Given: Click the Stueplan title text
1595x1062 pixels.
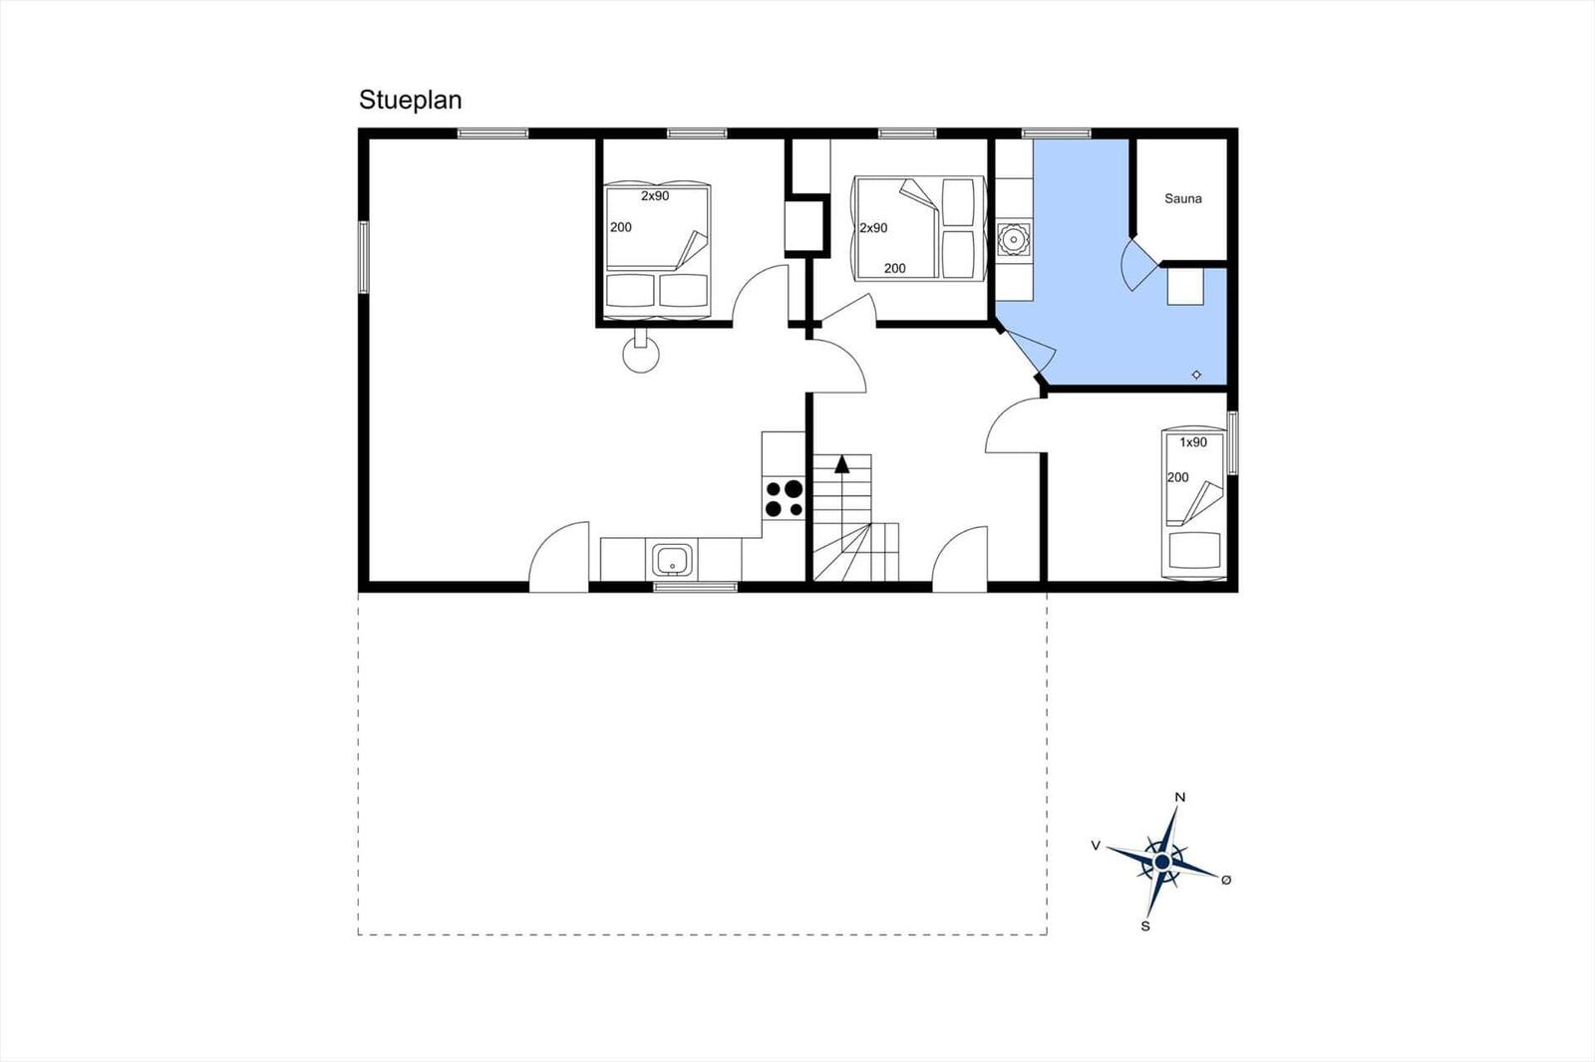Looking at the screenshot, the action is pyautogui.click(x=410, y=101).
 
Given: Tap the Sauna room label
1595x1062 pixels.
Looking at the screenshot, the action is pyautogui.click(x=1182, y=198).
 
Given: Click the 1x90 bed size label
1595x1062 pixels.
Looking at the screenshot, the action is pyautogui.click(x=1193, y=442).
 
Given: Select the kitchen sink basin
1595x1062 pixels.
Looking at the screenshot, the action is pyautogui.click(x=672, y=560).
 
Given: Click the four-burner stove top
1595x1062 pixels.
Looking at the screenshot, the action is pyautogui.click(x=784, y=498).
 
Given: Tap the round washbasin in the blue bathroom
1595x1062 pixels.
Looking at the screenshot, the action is pyautogui.click(x=1013, y=240).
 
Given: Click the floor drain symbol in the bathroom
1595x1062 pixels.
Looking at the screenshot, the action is pyautogui.click(x=1196, y=375).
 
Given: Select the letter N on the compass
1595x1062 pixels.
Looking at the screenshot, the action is pyautogui.click(x=1180, y=797).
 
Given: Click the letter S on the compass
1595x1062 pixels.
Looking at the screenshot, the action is pyautogui.click(x=1145, y=927).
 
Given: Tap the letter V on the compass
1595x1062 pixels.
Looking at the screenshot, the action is pyautogui.click(x=1096, y=846).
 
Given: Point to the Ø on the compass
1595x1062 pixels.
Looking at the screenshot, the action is pyautogui.click(x=1226, y=880).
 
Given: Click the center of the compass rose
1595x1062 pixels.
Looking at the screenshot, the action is pyautogui.click(x=1162, y=862).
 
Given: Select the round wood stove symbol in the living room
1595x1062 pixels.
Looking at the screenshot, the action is pyautogui.click(x=641, y=354).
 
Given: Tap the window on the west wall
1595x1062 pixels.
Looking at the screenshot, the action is pyautogui.click(x=363, y=257).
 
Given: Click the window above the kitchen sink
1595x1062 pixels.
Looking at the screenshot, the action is pyautogui.click(x=696, y=587).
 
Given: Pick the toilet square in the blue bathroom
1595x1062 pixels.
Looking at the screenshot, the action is pyautogui.click(x=1185, y=286).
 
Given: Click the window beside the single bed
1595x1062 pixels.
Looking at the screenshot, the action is pyautogui.click(x=1232, y=442).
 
